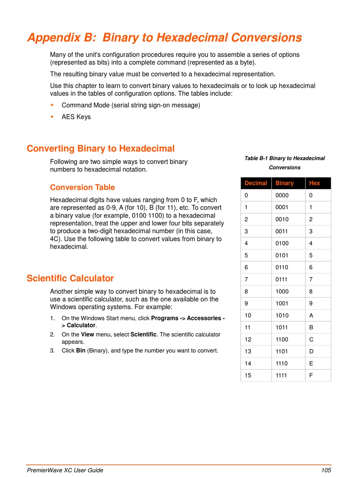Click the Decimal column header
click(256, 183)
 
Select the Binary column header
click(285, 183)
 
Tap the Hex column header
click(315, 183)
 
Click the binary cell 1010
click(282, 315)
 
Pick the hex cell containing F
click(311, 376)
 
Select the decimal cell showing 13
click(248, 351)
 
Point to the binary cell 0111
click(282, 279)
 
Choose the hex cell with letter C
click(311, 340)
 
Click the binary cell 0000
click(282, 195)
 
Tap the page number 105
click(326, 470)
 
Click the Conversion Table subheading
click(82, 187)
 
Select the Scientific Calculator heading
click(70, 279)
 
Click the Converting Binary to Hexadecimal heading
click(100, 148)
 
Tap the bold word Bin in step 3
click(81, 351)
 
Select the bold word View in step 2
click(88, 335)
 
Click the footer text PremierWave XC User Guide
click(65, 470)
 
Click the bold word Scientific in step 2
click(143, 335)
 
